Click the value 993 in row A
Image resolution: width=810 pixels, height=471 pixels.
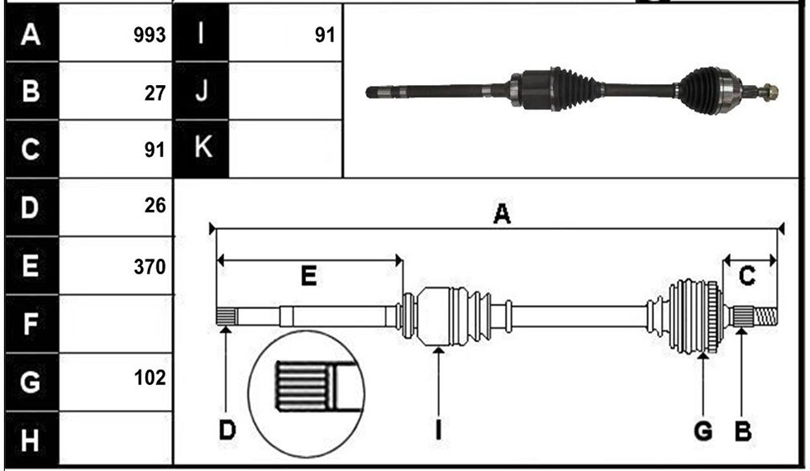(x=150, y=35)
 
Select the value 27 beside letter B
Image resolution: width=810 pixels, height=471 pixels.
(x=155, y=93)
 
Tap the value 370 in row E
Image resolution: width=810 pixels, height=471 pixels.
(x=150, y=267)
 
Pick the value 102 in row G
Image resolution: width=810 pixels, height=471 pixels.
(x=150, y=378)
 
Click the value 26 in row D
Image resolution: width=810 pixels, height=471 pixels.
(x=155, y=206)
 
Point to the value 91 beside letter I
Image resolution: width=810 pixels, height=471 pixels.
(x=325, y=35)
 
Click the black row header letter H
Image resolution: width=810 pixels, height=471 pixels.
(x=30, y=441)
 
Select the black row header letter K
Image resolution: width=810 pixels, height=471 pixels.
(x=202, y=147)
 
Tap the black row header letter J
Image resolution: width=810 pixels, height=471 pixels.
(x=202, y=90)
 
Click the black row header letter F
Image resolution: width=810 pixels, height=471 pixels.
(x=30, y=324)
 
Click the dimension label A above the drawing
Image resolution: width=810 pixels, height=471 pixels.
(x=502, y=213)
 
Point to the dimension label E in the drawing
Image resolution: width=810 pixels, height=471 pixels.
(x=308, y=276)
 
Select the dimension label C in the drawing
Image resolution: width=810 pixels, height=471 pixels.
(x=747, y=276)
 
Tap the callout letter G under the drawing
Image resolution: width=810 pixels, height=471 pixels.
(x=703, y=431)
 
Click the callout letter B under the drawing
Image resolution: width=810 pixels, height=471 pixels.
(x=743, y=431)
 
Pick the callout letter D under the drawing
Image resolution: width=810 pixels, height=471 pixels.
(x=226, y=431)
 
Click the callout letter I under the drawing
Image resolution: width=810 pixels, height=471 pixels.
(x=439, y=431)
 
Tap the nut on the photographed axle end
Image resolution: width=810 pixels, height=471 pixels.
(x=770, y=93)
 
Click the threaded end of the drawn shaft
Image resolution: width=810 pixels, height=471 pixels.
(x=766, y=316)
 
